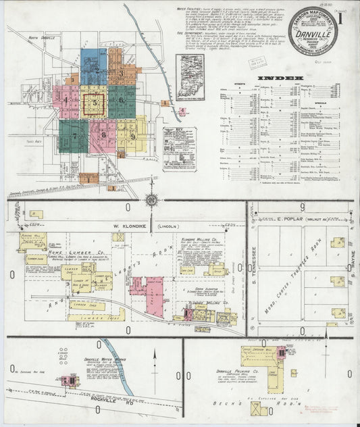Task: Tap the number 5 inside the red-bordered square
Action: coord(96,103)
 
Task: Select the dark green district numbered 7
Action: coord(72,135)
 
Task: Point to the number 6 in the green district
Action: coord(122,101)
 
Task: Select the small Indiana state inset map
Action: coord(190,77)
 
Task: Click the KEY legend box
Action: coord(179,141)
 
